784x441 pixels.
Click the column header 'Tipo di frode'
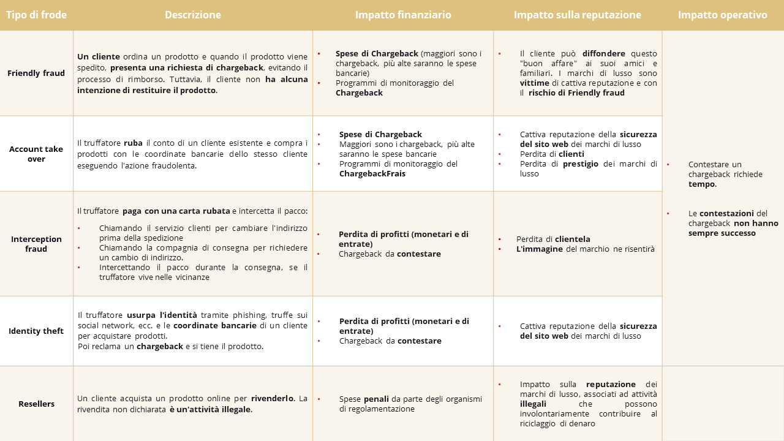coord(36,15)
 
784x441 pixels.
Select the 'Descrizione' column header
coord(193,15)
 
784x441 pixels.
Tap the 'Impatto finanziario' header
coord(403,15)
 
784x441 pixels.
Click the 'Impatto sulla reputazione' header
coord(578,15)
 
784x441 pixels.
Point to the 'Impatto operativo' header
coord(722,15)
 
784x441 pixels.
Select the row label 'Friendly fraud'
coord(36,73)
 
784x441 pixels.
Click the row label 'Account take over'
coord(36,154)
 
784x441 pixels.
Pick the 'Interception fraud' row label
coord(36,244)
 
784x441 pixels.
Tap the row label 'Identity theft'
coord(36,331)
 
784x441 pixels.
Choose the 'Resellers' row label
coord(36,404)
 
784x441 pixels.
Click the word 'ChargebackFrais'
coord(372,173)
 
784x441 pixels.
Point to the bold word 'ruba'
coord(133,143)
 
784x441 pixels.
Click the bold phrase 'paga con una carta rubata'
coord(176,211)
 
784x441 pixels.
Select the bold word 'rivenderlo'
coord(273,398)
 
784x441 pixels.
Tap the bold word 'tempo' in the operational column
coord(702,184)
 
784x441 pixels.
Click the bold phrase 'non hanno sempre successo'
coord(733,228)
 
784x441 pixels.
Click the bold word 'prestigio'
coord(580,164)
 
